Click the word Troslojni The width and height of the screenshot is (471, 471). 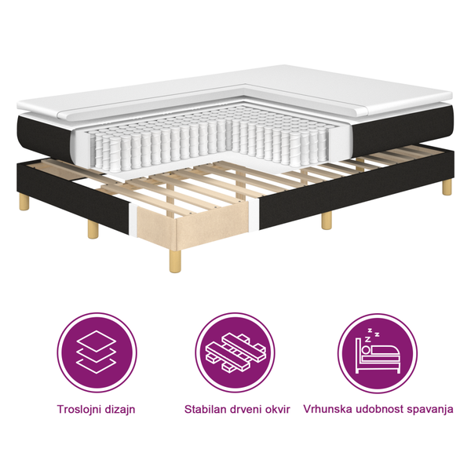click(79, 409)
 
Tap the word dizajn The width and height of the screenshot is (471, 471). click(124, 409)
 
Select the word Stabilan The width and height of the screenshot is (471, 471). click(207, 409)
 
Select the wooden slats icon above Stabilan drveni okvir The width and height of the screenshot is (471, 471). click(236, 352)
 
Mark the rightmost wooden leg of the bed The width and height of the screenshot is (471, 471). click(447, 187)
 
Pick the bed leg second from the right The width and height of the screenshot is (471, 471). click(327, 221)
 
